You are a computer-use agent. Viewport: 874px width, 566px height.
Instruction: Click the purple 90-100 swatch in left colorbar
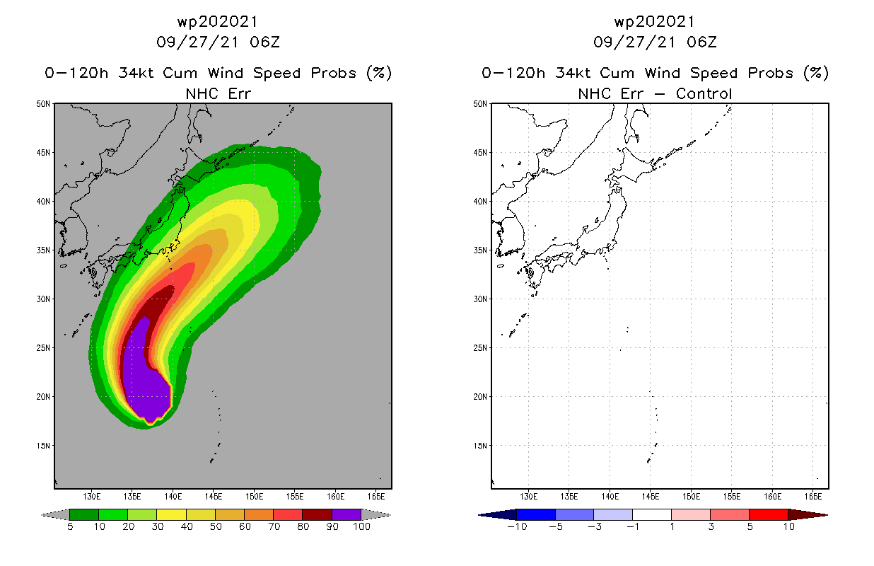346,514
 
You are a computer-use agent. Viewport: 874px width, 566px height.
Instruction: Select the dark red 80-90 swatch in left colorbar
317,514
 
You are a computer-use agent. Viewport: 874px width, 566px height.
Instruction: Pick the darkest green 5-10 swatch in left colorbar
84,514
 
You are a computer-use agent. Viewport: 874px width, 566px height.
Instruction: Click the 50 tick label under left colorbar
215,527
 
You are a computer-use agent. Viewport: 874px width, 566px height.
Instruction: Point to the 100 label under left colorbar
361,527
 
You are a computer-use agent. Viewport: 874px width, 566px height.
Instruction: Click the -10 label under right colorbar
517,527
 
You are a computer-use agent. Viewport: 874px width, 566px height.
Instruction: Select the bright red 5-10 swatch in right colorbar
768,514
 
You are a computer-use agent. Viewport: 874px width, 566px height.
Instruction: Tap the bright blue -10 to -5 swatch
537,514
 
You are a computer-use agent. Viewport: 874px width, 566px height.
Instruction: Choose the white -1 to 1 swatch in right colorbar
652,514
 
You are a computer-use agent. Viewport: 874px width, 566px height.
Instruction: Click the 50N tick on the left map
44,104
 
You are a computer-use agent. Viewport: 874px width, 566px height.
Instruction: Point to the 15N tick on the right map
481,446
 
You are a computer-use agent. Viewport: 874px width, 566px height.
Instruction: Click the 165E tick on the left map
376,496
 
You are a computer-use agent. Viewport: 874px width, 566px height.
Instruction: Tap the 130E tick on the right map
529,496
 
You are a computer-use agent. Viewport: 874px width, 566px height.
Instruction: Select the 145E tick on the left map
214,496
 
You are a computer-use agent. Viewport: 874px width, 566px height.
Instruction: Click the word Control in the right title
704,93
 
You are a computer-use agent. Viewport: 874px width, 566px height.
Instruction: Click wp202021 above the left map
218,22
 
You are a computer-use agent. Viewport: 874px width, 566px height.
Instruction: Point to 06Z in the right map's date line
701,42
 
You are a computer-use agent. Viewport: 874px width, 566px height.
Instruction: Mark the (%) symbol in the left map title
379,73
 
